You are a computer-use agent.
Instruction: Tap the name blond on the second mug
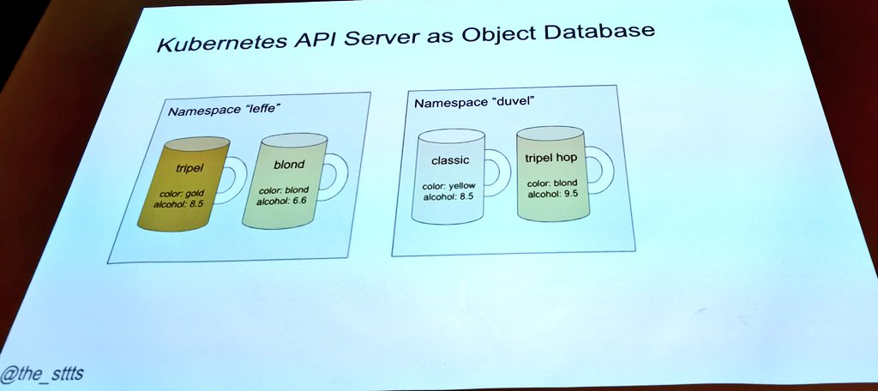[289, 165]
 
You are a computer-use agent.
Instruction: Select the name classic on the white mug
[449, 160]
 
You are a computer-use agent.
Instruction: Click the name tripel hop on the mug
[550, 158]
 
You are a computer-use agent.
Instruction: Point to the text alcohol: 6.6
[282, 200]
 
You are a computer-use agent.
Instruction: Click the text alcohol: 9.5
[552, 194]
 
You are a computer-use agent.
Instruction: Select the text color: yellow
[449, 186]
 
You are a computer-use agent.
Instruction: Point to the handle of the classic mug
[496, 171]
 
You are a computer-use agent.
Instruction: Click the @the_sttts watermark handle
[41, 376]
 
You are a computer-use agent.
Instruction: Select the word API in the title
[313, 39]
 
